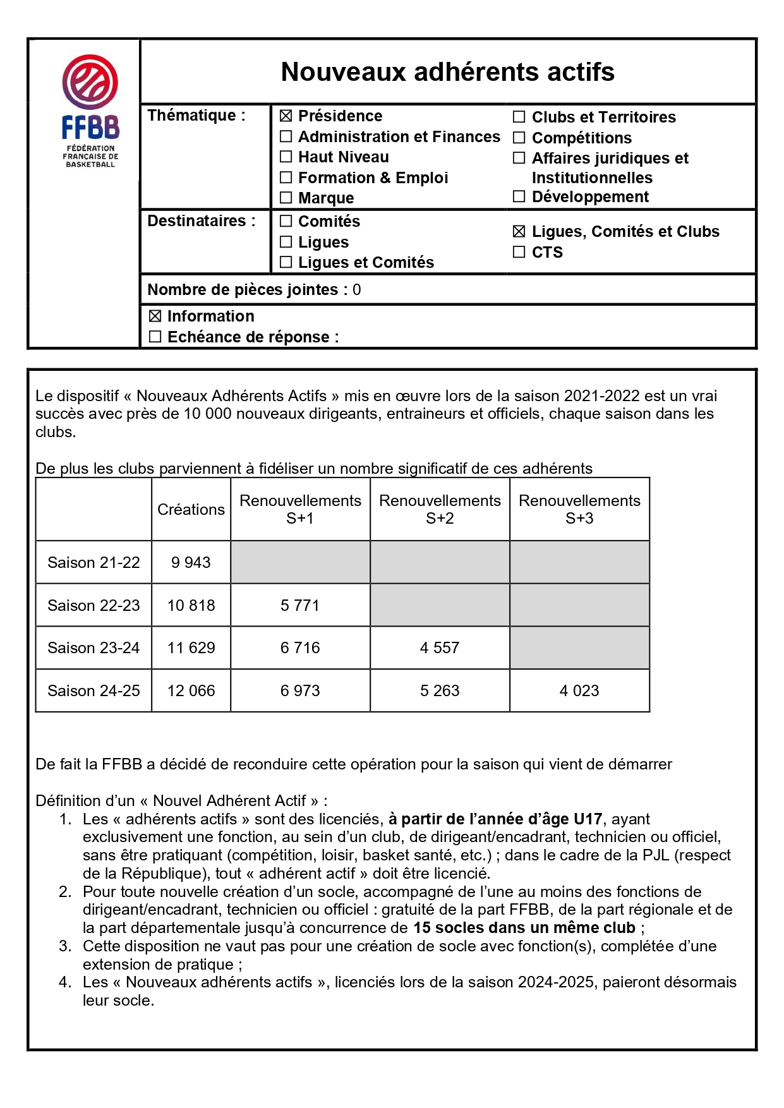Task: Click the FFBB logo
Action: tap(90, 111)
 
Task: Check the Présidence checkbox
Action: tap(286, 116)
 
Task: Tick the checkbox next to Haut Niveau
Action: tap(286, 157)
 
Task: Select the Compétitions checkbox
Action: tap(519, 138)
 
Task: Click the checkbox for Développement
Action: tap(519, 196)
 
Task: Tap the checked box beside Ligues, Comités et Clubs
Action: tap(519, 232)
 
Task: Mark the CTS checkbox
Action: tap(519, 252)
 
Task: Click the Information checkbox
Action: tap(155, 316)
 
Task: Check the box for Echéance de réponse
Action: tap(155, 337)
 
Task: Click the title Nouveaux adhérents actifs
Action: tap(447, 72)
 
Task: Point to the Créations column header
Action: tap(191, 510)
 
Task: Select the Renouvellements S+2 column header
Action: tap(440, 509)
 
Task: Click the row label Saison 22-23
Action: tap(93, 605)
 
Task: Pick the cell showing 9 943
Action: tap(191, 562)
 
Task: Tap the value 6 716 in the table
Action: tap(300, 647)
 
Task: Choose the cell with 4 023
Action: tap(579, 690)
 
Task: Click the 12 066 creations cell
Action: tap(191, 690)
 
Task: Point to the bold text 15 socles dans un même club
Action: tap(524, 928)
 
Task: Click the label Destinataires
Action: tap(201, 221)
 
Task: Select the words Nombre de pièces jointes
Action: tap(243, 290)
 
